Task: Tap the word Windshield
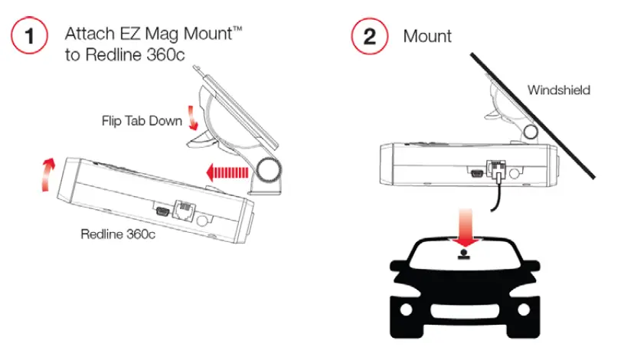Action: (x=559, y=90)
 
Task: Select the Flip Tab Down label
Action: (x=142, y=120)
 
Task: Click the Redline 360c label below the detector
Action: (x=118, y=234)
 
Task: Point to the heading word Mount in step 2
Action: (x=427, y=37)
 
